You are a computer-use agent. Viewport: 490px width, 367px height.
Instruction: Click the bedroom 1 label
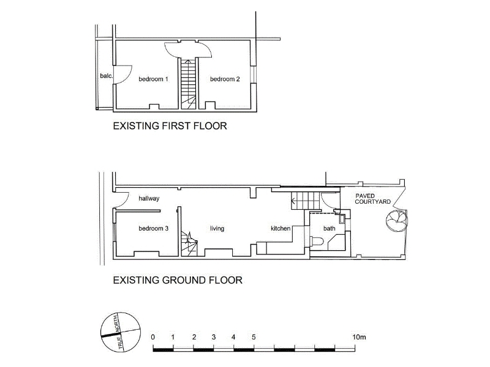click(x=153, y=80)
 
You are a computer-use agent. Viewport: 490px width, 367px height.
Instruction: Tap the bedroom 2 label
click(x=225, y=80)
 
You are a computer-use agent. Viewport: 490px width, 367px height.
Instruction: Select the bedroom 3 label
click(x=153, y=228)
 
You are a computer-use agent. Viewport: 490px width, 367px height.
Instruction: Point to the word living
click(x=217, y=229)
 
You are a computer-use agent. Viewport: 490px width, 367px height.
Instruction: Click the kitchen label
click(x=281, y=228)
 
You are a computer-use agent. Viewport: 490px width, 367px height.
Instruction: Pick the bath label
click(x=329, y=228)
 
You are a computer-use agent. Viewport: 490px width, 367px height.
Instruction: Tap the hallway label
click(x=149, y=198)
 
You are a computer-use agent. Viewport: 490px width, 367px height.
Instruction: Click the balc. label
click(x=106, y=76)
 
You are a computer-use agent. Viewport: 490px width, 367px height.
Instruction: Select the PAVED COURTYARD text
click(x=372, y=199)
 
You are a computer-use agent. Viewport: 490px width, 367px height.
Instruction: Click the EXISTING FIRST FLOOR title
click(x=170, y=126)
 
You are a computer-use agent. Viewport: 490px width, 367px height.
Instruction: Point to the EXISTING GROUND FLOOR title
click(x=178, y=280)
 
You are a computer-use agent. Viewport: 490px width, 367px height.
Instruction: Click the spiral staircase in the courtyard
click(x=396, y=220)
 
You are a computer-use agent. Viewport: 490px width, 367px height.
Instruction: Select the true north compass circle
click(x=121, y=332)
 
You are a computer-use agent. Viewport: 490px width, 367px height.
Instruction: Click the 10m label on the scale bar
click(x=359, y=337)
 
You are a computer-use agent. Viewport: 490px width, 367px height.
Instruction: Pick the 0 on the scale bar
click(x=153, y=337)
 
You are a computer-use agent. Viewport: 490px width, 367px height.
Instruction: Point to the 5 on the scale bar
click(x=254, y=337)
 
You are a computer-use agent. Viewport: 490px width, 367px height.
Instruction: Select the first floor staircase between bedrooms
click(x=189, y=84)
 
